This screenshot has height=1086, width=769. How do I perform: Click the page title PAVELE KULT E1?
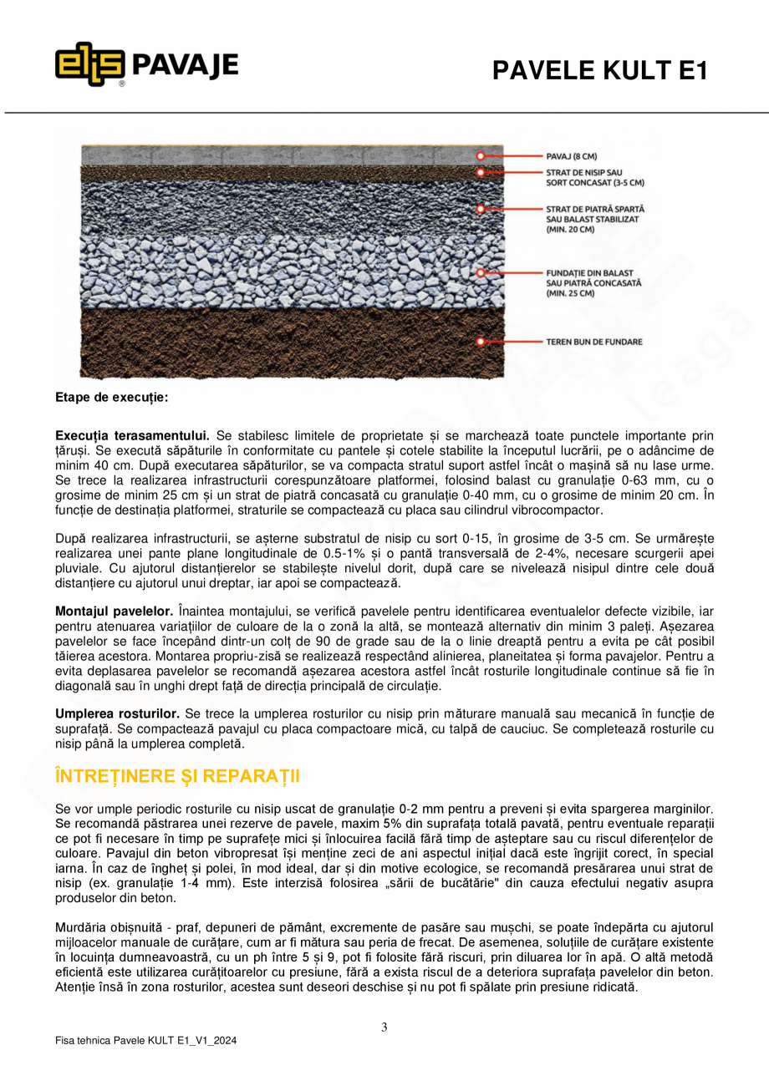[x=599, y=71]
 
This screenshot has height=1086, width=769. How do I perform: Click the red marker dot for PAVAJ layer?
[x=481, y=156]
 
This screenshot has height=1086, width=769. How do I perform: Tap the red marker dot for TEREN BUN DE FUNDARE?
[x=481, y=342]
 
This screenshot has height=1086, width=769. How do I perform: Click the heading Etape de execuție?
[x=111, y=398]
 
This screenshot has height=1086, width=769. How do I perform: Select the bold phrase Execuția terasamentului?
[x=132, y=436]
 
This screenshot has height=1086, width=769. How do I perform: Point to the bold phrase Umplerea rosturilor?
[x=117, y=714]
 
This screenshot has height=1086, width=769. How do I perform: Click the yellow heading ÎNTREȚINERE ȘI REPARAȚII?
[x=176, y=776]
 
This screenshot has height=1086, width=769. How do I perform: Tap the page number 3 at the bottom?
[x=384, y=1028]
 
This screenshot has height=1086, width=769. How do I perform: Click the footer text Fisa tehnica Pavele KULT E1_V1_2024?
[x=145, y=1042]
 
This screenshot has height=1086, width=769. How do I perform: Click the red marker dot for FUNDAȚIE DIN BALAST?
[x=481, y=273]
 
